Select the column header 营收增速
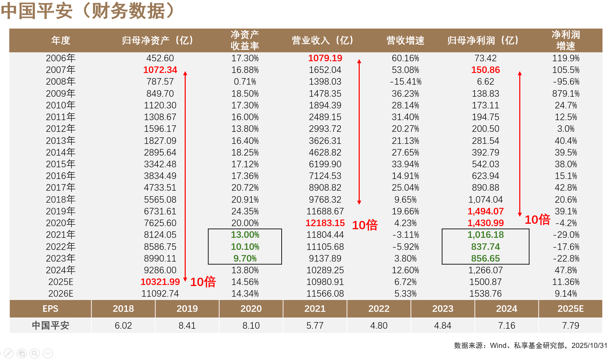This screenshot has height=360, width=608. click(405, 41)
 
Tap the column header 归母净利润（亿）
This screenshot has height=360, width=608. click(483, 41)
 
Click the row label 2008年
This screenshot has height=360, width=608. click(61, 82)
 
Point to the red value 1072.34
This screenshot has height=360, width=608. click(160, 70)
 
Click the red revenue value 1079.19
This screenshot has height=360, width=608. click(325, 58)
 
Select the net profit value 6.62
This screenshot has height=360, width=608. click(485, 82)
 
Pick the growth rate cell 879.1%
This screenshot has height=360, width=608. click(566, 94)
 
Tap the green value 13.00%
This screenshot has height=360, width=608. click(245, 235)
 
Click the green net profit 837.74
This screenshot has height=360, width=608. click(485, 247)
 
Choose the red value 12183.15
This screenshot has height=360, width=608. click(325, 223)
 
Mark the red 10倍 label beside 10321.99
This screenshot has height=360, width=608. click(203, 282)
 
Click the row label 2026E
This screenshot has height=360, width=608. click(61, 294)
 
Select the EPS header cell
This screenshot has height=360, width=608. click(50, 309)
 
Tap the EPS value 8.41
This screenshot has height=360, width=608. click(187, 326)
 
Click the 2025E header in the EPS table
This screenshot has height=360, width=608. click(570, 309)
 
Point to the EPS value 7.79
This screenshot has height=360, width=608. click(570, 326)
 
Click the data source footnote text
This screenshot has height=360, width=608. click(530, 346)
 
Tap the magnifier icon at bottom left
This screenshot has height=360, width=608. click(34, 353)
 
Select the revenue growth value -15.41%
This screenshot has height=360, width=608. click(405, 82)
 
